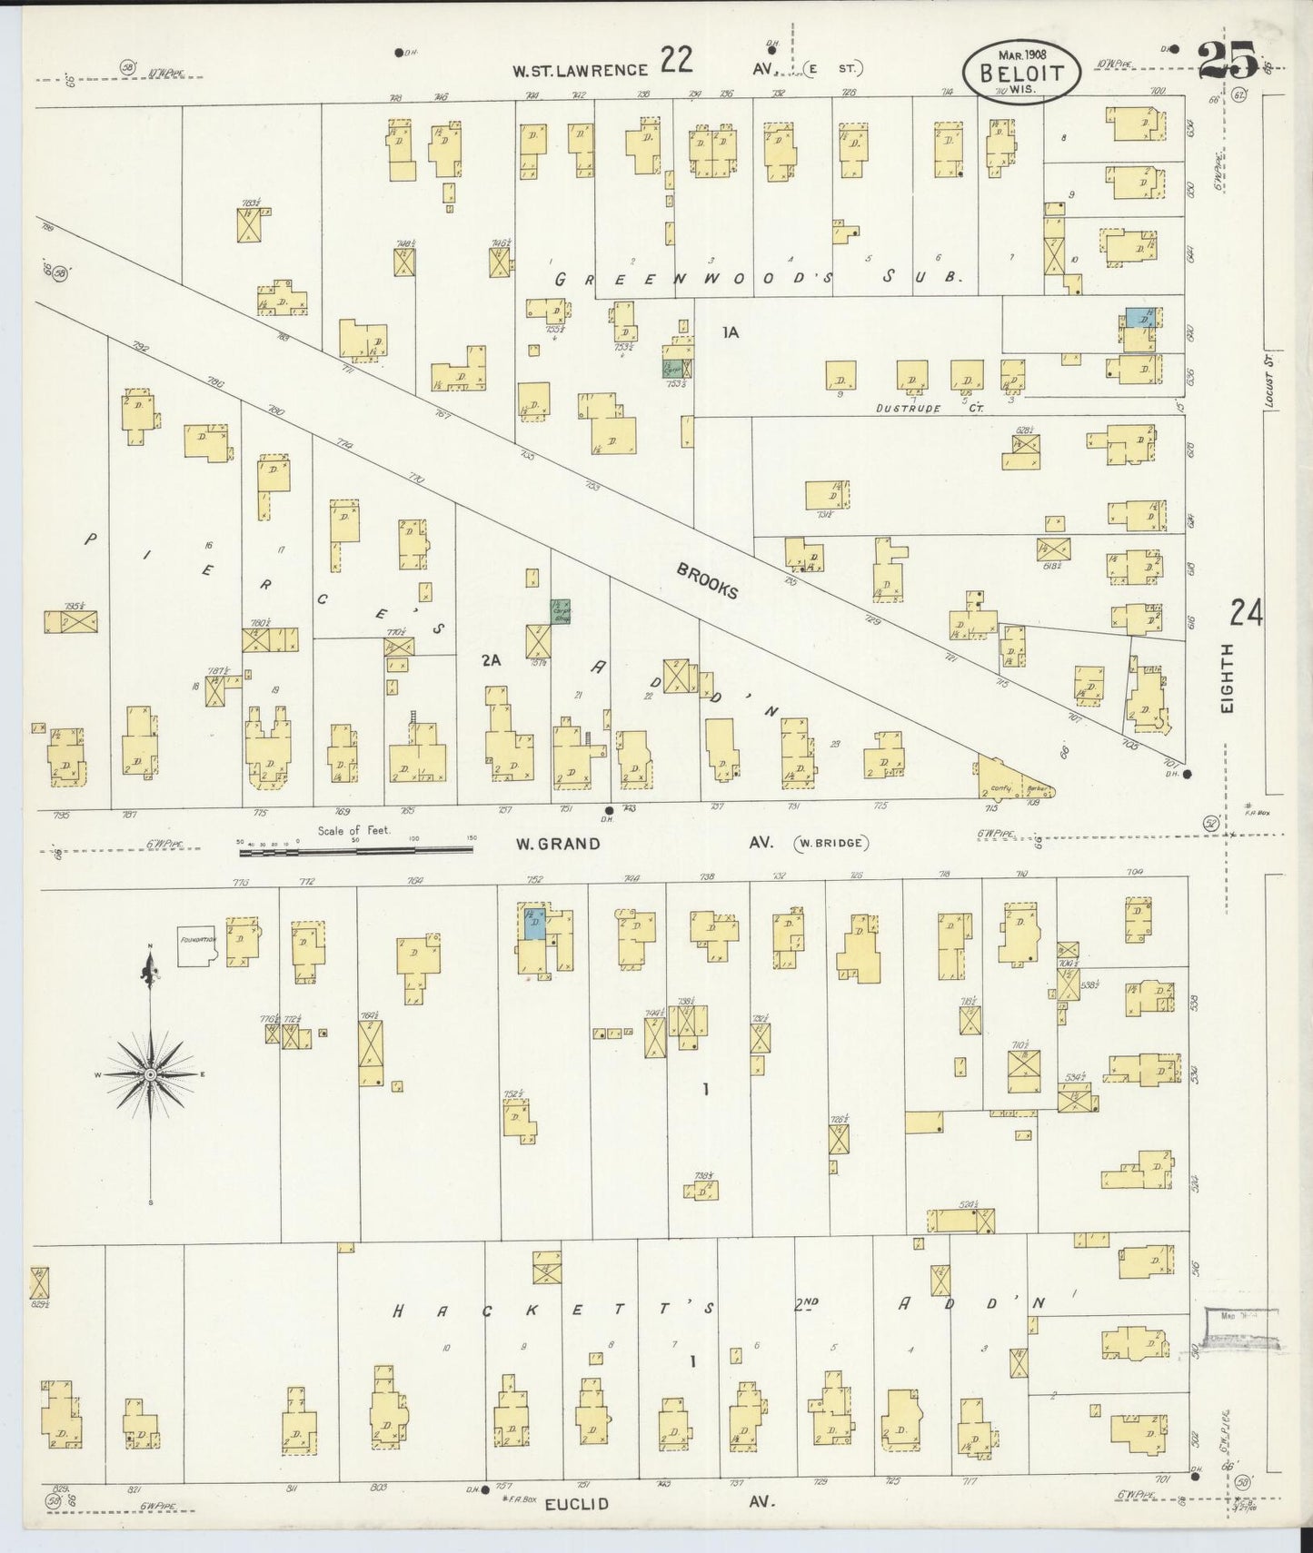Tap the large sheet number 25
click(x=1228, y=61)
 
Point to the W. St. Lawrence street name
click(x=580, y=70)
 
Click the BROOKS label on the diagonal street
click(x=706, y=581)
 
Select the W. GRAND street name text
click(x=558, y=843)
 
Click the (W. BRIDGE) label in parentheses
click(x=831, y=843)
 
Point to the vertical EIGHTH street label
click(x=1228, y=678)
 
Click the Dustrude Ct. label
click(x=930, y=409)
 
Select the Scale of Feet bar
click(x=354, y=850)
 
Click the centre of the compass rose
click(x=151, y=1074)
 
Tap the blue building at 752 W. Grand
click(x=534, y=923)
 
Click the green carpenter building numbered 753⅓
click(x=673, y=368)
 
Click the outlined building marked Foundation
click(x=196, y=945)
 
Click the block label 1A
click(x=731, y=332)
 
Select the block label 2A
click(x=492, y=661)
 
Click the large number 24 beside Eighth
click(x=1246, y=614)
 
